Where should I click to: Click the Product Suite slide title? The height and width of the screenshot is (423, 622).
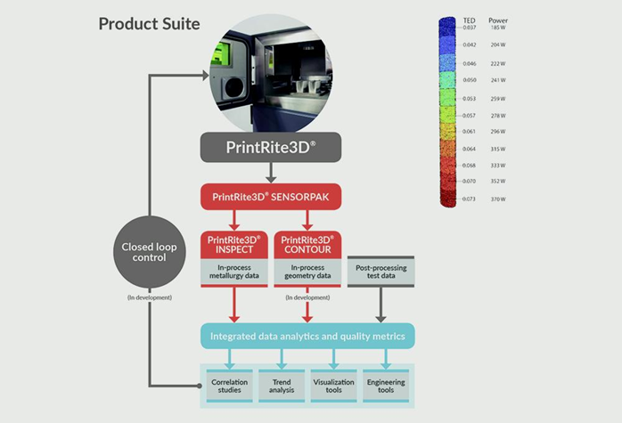[x=149, y=23]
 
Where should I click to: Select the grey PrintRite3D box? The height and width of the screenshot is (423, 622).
[x=270, y=147]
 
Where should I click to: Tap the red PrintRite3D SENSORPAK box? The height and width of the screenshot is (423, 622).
[x=270, y=196]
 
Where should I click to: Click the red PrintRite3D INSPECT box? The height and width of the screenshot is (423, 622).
[x=233, y=246]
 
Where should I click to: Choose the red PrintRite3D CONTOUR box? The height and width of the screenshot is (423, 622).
[x=307, y=246]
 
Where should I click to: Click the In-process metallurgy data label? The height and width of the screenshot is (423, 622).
[x=233, y=273]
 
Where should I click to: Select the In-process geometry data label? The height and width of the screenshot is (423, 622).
[x=307, y=273]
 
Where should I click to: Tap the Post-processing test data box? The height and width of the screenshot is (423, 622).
[x=381, y=273]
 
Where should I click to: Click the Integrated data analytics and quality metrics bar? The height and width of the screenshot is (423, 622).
[x=307, y=337]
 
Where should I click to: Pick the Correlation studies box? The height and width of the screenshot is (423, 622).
[x=230, y=386]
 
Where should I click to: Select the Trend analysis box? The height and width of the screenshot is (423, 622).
[x=282, y=386]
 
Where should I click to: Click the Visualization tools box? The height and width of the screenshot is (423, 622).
[x=334, y=386]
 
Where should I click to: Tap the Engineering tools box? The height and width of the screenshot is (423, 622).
[x=386, y=386]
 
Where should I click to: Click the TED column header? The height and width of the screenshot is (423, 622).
[x=470, y=19]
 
